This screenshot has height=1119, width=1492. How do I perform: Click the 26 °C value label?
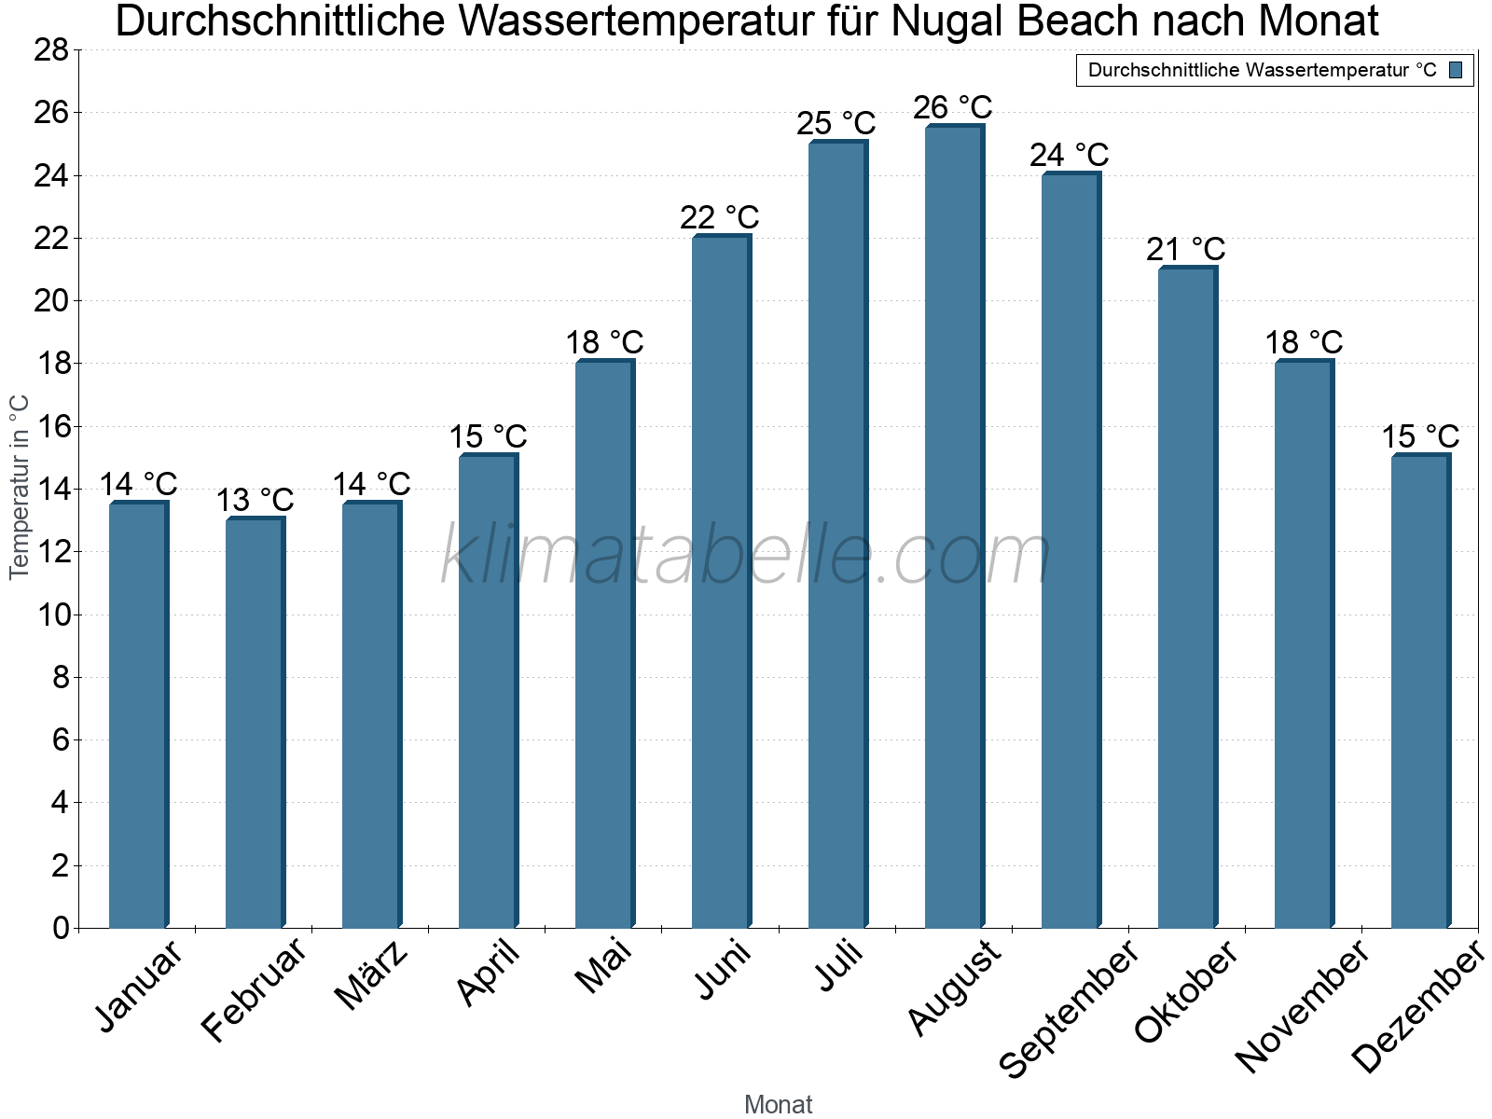click(953, 108)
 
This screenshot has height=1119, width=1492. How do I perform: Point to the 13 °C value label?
click(255, 501)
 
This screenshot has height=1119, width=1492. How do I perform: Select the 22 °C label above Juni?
click(720, 218)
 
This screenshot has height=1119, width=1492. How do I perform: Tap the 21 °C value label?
click(1186, 250)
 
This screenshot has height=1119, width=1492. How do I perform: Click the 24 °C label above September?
click(1070, 156)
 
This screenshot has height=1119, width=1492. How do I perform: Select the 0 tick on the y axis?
click(62, 928)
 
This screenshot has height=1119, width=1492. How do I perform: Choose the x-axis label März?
click(371, 974)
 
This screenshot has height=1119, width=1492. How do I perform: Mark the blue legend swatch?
click(1456, 70)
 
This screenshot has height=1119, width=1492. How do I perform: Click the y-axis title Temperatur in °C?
click(20, 487)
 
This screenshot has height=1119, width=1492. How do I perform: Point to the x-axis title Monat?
click(779, 1105)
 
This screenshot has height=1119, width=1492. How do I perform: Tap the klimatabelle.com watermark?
click(746, 556)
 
